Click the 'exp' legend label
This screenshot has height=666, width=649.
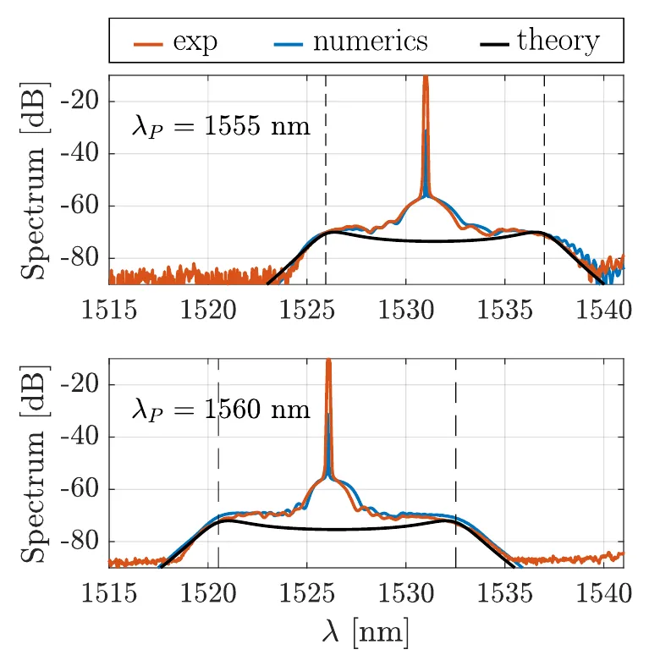195,43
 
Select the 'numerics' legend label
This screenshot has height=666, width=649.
371,41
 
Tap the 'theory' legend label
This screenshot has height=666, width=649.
558,41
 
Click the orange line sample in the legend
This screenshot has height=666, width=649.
148,44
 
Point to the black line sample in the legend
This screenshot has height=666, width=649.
494,44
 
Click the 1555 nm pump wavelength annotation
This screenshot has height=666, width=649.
221,126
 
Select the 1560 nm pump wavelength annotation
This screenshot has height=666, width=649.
221,410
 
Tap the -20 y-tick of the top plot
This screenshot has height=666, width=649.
80,102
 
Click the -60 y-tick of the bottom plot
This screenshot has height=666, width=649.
80,489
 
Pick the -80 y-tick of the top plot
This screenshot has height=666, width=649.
80,258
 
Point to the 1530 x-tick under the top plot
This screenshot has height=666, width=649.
406,310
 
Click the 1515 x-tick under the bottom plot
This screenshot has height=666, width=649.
109,593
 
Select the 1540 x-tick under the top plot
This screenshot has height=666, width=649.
604,310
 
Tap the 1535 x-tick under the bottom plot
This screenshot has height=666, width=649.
505,593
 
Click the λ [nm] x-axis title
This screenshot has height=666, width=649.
366,633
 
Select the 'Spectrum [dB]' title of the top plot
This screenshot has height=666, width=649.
34,180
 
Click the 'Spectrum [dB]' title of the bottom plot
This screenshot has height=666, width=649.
34,464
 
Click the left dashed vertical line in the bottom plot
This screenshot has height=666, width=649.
218,463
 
